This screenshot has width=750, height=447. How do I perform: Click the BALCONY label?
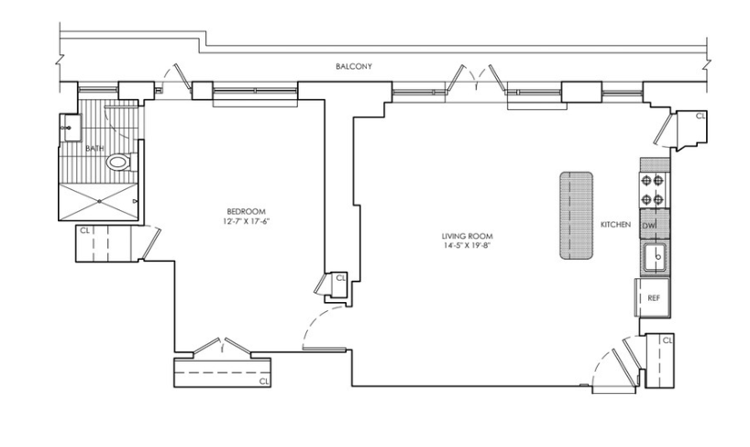pos(354,66)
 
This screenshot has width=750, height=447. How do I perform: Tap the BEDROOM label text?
pos(246,211)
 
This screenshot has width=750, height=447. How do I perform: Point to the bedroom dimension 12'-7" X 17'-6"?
pos(247,221)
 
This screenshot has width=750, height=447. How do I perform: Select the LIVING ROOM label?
pos(467,236)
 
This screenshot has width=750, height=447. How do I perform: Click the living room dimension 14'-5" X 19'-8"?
pos(467,246)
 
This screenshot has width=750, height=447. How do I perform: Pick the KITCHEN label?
pos(615,225)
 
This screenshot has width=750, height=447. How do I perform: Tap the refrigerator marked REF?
pos(653,297)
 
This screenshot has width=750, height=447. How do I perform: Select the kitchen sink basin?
pos(656,257)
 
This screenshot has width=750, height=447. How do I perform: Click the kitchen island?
pos(577,216)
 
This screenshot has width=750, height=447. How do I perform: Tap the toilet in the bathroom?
pos(120,162)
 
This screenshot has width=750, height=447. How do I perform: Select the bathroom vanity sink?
pos(70,128)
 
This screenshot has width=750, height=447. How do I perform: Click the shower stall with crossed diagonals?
pos(99,202)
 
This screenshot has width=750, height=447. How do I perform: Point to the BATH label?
pos(94,149)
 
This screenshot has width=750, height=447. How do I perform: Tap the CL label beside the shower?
pos(84,230)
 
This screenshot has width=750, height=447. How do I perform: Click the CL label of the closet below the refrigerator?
pos(667,341)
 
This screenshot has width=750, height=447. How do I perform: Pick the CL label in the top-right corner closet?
pos(700,116)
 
